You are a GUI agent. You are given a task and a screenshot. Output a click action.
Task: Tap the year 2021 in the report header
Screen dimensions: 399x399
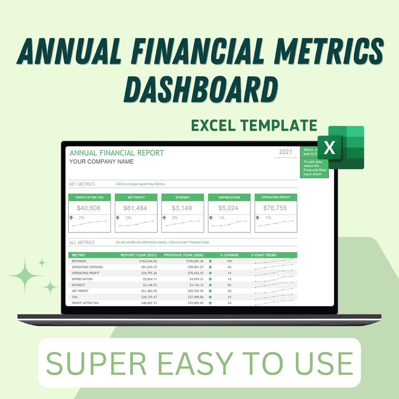pyautogui.click(x=286, y=152)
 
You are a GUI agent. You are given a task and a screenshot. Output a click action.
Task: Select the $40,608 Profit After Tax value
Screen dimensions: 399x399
pyautogui.click(x=89, y=208)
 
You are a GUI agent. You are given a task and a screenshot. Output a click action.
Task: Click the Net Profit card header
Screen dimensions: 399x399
pyautogui.click(x=136, y=197)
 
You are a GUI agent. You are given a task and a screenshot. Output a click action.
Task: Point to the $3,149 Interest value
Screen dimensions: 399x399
pyautogui.click(x=182, y=208)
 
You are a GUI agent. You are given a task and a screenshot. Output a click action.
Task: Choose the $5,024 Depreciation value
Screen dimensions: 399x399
pyautogui.click(x=228, y=208)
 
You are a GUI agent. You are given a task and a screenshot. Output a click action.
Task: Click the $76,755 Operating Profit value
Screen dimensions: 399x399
pyautogui.click(x=275, y=208)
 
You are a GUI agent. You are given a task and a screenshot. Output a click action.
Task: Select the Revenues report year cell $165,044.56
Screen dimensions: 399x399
pyautogui.click(x=144, y=261)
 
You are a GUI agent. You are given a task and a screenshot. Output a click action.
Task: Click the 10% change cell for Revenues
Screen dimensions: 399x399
pyautogui.click(x=229, y=261)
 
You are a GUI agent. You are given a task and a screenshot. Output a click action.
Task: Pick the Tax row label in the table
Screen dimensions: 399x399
pyautogui.click(x=75, y=297)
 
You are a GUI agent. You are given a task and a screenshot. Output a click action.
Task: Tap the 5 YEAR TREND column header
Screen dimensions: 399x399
pyautogui.click(x=264, y=255)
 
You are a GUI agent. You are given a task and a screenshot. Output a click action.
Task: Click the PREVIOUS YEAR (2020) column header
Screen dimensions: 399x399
pyautogui.click(x=184, y=255)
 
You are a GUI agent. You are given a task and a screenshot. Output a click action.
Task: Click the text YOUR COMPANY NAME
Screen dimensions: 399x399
pyautogui.click(x=102, y=161)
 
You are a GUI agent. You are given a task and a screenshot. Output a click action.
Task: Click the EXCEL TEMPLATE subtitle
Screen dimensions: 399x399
pyautogui.click(x=254, y=126)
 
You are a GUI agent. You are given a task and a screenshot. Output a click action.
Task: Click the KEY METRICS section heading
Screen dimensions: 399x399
pyautogui.click(x=82, y=184)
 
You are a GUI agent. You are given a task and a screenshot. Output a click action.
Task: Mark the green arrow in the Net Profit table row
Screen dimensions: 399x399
pyautogui.click(x=210, y=291)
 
